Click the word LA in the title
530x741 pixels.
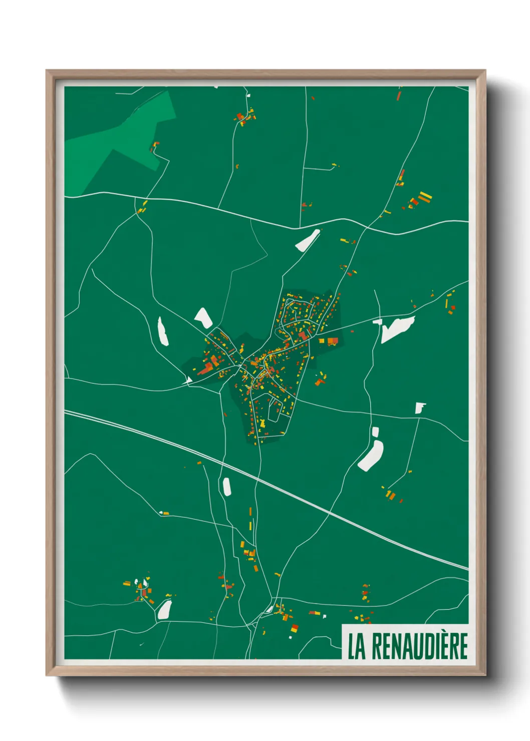click(356, 646)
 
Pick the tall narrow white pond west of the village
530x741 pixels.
click(162, 331)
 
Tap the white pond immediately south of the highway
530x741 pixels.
click(226, 486)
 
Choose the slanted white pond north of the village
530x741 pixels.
click(307, 240)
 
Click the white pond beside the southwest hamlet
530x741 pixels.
click(164, 610)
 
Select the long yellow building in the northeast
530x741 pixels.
click(424, 196)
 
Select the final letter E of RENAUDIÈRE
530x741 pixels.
click(463, 646)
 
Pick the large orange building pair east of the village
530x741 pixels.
click(332, 341)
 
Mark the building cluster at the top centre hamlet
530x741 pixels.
click(245, 117)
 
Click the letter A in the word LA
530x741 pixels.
click(362, 646)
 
